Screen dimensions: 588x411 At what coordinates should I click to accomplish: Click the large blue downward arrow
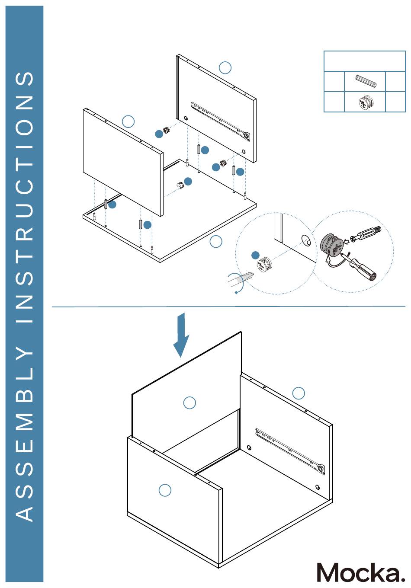182,336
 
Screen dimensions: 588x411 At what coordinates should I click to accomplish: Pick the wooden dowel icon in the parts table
366,81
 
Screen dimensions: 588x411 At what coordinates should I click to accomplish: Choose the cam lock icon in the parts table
365,102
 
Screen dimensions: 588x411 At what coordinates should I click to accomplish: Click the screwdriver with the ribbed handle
361,266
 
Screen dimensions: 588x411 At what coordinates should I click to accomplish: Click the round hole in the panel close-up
306,240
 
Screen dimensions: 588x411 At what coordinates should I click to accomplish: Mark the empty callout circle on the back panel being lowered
189,403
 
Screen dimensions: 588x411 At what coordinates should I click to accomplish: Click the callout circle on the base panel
215,241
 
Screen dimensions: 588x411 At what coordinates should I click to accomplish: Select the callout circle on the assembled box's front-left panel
165,490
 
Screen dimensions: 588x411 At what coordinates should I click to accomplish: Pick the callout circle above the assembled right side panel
299,393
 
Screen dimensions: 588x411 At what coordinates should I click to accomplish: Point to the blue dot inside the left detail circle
256,256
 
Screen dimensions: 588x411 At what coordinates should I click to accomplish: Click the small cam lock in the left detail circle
265,264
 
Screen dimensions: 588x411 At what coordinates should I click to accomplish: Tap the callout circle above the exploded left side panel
128,121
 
